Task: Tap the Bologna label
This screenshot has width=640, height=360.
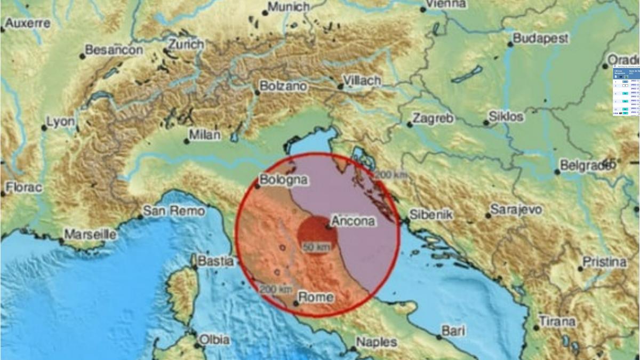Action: [284, 180]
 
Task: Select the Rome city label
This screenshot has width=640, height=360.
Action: [316, 298]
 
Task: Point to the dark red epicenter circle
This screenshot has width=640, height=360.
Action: [313, 232]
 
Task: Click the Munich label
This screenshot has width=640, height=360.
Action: [289, 7]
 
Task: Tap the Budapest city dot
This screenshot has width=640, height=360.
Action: [510, 44]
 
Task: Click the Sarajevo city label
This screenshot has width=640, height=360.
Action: [516, 210]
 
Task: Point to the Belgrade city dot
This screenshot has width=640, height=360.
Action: [557, 172]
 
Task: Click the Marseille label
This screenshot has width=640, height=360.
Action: [90, 234]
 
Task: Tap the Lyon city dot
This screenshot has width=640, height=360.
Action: [44, 128]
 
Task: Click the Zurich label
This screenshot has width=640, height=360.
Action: [186, 44]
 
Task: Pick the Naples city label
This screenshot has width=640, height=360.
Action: [377, 342]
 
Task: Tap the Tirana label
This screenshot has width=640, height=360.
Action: [557, 322]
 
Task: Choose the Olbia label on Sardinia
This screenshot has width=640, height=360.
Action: [214, 339]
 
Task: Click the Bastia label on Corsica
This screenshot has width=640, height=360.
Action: [215, 261]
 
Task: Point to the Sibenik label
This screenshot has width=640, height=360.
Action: [431, 214]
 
